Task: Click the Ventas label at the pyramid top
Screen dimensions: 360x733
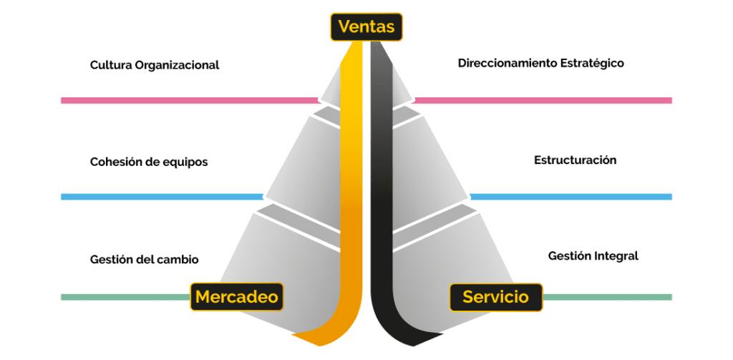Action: (x=366, y=27)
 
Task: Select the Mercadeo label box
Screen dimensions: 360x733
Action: (x=236, y=296)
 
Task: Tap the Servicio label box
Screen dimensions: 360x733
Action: (x=495, y=296)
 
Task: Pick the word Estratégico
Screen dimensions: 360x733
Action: (x=589, y=63)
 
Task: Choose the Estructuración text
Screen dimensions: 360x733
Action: (x=575, y=160)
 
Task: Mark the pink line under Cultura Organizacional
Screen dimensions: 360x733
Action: (x=186, y=101)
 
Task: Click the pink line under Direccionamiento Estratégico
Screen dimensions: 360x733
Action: (x=544, y=101)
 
